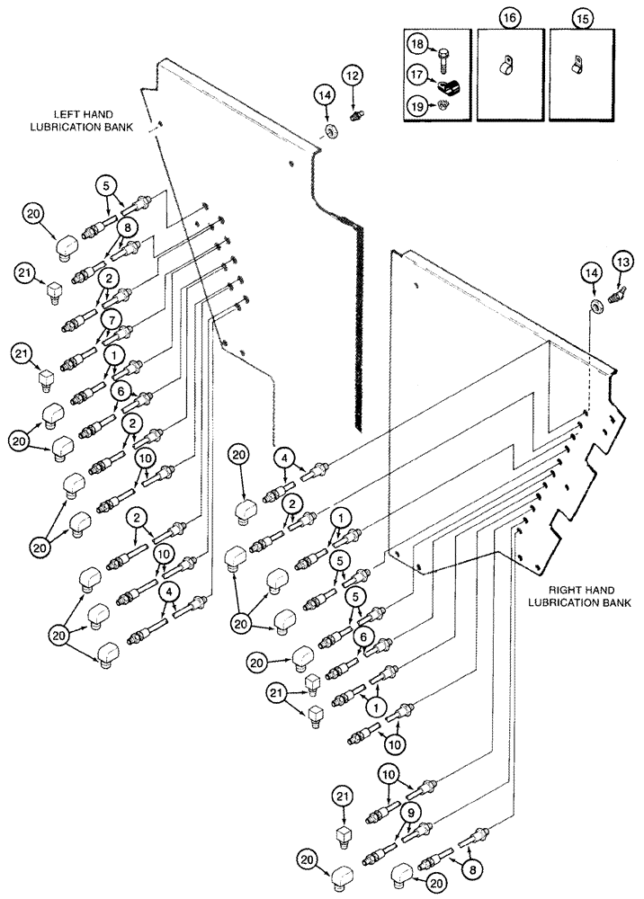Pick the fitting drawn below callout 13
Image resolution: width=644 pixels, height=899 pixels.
(619, 294)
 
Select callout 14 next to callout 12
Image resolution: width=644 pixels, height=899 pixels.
(324, 93)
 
